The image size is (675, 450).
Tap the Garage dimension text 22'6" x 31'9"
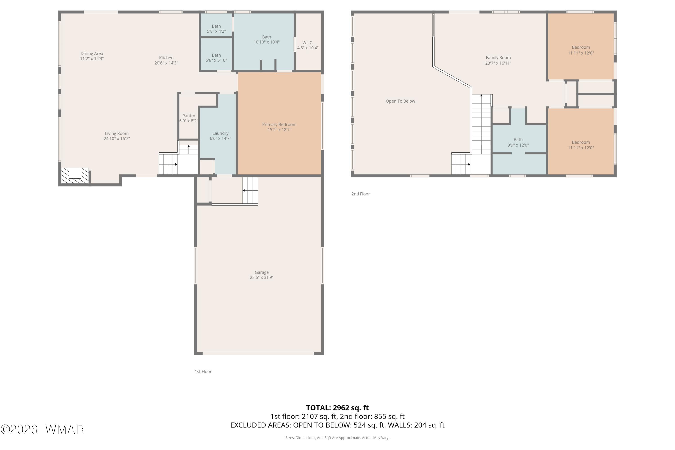pos(261,277)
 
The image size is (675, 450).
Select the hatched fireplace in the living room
pos(75,176)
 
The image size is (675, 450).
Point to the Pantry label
pos(189,116)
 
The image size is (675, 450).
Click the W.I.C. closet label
pos(308,43)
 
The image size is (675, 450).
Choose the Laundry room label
pos(220,133)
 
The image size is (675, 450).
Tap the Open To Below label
pos(400,101)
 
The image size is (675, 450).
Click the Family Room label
pos(498,57)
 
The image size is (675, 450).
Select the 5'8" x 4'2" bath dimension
pos(216,31)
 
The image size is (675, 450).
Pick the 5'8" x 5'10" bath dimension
pos(216,60)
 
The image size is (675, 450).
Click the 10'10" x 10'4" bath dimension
pos(266,42)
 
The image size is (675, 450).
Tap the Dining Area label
pos(92,53)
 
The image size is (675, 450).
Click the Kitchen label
pos(166,58)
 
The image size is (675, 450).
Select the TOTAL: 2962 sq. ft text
pos(337,408)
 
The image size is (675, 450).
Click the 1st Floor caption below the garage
pos(203,371)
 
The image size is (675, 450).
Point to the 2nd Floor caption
pos(360,194)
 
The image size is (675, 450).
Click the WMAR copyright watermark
pos(42,429)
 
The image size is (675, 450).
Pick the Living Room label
pos(117,133)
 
